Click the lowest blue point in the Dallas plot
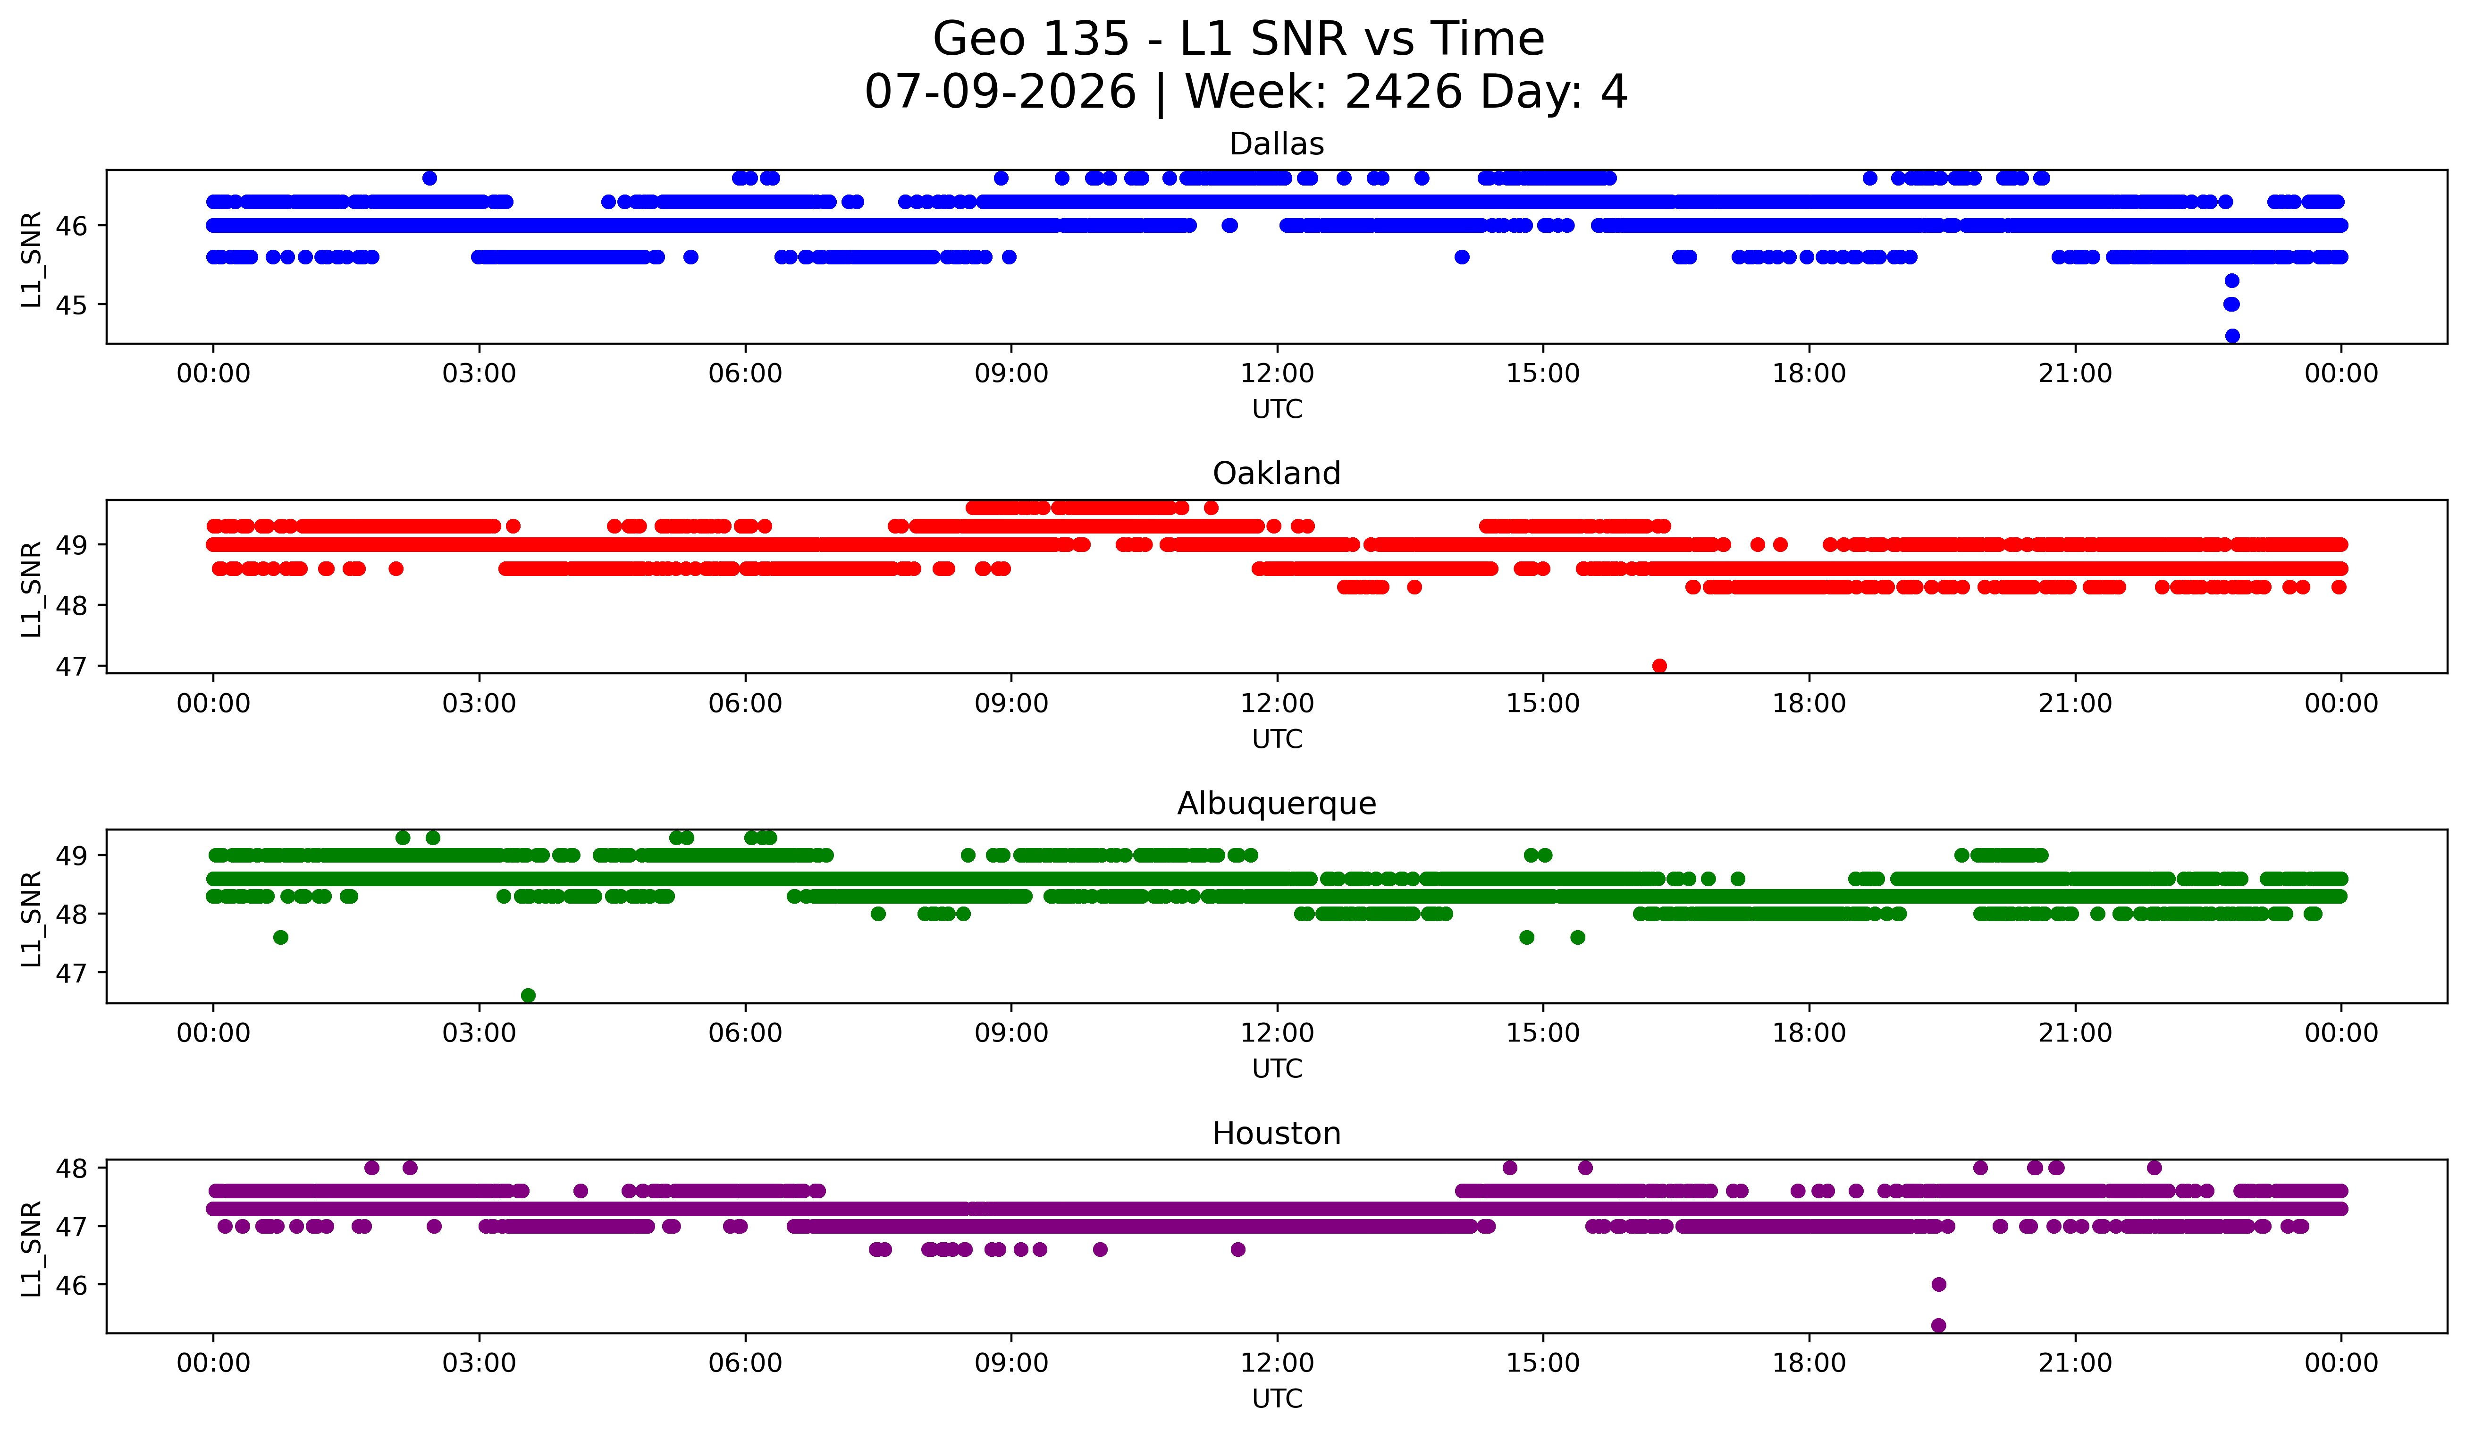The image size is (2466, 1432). point(2232,336)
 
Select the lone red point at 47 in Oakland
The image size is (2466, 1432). point(1660,666)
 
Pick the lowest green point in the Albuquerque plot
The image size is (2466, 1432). point(529,995)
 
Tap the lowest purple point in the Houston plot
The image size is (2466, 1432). point(1938,1325)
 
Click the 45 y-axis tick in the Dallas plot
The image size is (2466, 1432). point(71,305)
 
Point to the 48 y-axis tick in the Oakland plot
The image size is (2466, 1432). point(71,606)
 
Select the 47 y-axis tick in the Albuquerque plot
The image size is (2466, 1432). point(71,973)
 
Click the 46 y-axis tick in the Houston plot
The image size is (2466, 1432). point(71,1285)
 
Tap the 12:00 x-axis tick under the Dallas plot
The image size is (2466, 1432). point(1277,374)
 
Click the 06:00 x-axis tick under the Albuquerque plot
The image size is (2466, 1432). point(746,1034)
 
